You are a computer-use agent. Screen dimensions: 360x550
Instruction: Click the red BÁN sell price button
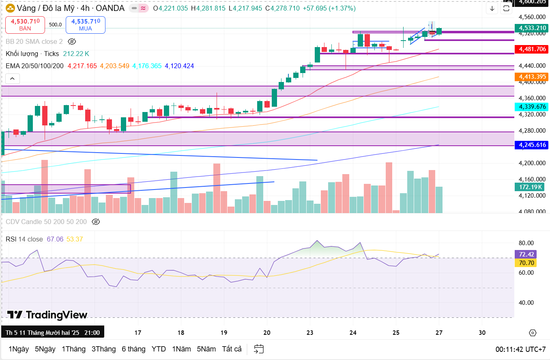[x=25, y=25]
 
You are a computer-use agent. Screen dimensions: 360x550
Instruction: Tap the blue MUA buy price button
[x=85, y=25]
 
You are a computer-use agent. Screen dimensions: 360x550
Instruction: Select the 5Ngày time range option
[x=45, y=349]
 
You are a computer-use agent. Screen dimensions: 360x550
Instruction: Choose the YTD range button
[x=159, y=349]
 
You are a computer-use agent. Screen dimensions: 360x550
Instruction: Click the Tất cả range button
[x=232, y=349]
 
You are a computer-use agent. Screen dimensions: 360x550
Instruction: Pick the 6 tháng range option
[x=133, y=349]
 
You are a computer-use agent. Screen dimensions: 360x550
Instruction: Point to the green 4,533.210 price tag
[x=531, y=28]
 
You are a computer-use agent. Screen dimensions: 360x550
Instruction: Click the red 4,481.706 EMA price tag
[x=531, y=49]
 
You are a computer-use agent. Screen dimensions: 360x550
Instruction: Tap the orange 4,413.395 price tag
[x=531, y=76]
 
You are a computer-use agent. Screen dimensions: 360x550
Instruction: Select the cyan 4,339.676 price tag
[x=531, y=107]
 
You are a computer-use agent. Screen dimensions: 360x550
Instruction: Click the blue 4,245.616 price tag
[x=531, y=145]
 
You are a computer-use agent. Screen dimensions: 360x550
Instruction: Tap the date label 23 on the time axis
[x=310, y=333]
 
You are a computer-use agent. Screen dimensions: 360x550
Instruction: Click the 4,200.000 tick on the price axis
[x=531, y=163]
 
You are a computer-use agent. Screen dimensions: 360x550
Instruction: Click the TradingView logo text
[x=47, y=315]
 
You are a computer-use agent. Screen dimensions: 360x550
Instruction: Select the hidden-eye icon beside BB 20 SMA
[x=72, y=41]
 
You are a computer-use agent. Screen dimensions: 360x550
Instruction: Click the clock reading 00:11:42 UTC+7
[x=520, y=349]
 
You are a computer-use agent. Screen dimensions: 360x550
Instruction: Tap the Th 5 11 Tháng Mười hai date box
[x=52, y=333]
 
